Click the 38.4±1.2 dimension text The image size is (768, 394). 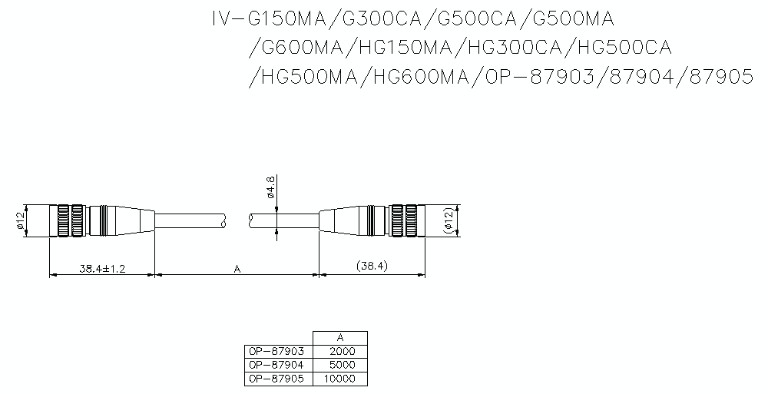click(x=102, y=269)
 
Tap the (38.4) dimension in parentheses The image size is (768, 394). click(x=372, y=267)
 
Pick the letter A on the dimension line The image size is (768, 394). click(x=237, y=269)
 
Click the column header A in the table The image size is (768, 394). click(x=340, y=337)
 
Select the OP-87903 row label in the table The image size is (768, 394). click(x=278, y=351)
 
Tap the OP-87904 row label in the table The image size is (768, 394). click(x=278, y=365)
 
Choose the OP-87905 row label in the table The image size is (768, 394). click(x=278, y=379)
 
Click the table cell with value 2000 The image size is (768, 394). click(x=340, y=351)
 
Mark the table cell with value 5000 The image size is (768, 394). click(x=340, y=365)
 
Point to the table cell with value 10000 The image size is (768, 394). click(x=340, y=379)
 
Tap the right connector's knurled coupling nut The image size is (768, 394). click(x=406, y=221)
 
